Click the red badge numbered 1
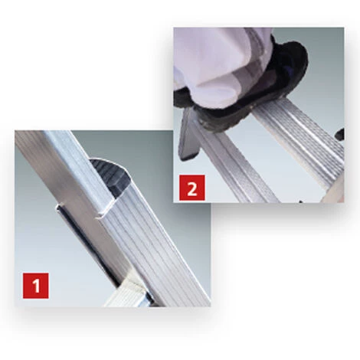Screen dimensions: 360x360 coord(35,286)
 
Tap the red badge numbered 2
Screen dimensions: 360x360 coord(191,188)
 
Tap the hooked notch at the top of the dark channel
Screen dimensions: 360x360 coord(61,208)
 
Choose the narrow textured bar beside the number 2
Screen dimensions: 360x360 coord(235,163)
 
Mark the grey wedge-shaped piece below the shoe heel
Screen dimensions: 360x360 coord(188,136)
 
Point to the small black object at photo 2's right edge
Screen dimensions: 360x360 coord(340,134)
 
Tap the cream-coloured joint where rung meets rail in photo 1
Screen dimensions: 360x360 coord(133,283)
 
